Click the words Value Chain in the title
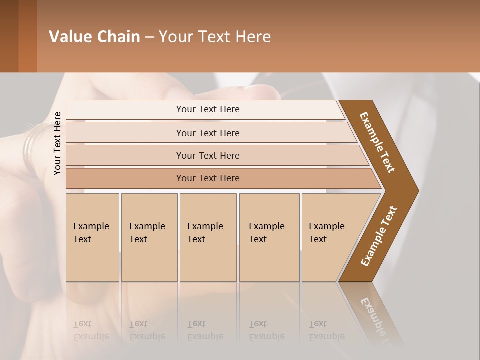(94, 36)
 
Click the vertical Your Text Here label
(57, 143)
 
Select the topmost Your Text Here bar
(207, 109)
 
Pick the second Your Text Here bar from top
(207, 133)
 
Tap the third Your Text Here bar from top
(207, 155)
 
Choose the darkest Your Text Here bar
(207, 178)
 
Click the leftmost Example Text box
(92, 237)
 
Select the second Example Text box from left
(149, 237)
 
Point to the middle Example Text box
(208, 237)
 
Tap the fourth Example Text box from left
(269, 237)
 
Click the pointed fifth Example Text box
(330, 237)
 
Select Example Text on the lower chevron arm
(378, 236)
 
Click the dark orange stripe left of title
(27, 36)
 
